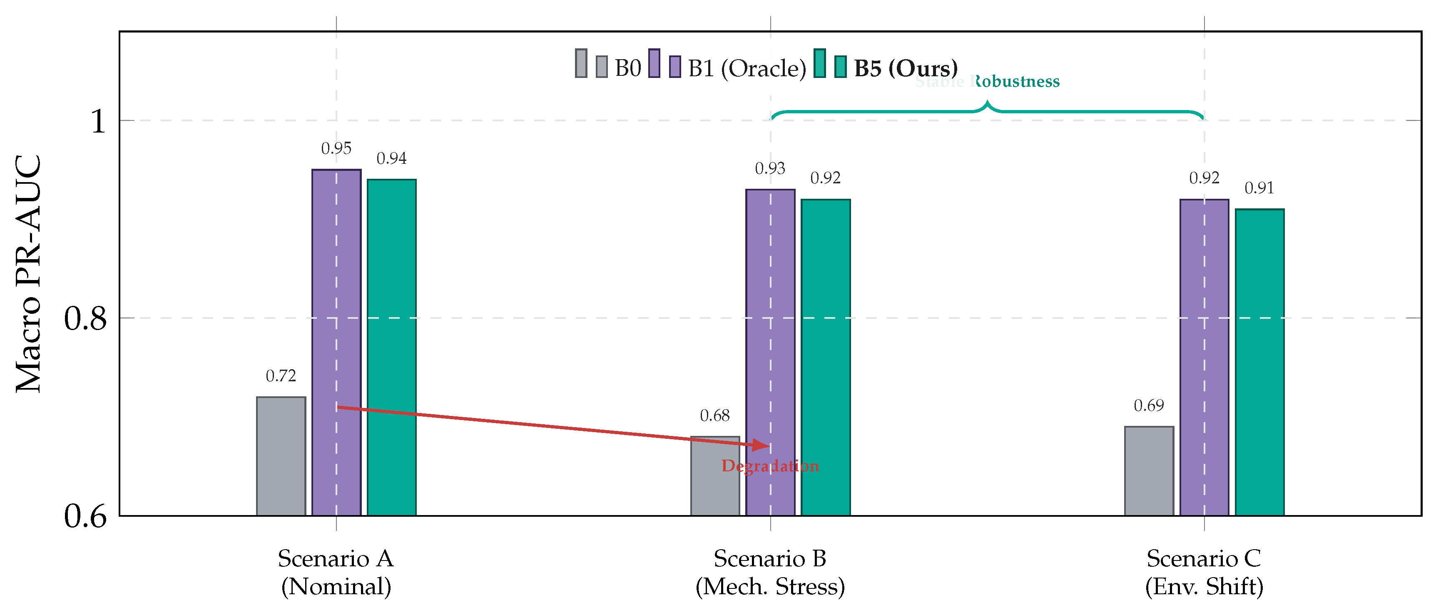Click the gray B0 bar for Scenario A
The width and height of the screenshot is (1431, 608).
pos(281,456)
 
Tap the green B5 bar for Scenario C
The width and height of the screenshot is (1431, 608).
pos(1259,362)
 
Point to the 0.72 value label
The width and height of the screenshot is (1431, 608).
pos(281,376)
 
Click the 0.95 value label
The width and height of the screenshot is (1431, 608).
pos(336,148)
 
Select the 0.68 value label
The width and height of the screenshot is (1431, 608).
pos(714,416)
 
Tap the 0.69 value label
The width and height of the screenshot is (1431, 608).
pos(1149,406)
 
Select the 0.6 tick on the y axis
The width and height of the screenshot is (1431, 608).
pos(85,516)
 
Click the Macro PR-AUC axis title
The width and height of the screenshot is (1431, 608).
pos(28,273)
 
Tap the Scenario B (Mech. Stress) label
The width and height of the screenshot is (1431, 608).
pos(770,573)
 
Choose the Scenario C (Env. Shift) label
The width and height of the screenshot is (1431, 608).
pos(1204,573)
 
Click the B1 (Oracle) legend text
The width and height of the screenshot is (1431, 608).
pos(747,68)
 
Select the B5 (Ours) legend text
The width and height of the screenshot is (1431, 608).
pos(906,68)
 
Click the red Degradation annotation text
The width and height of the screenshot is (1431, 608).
pos(770,466)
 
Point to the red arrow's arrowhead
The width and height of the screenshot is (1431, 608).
pos(762,445)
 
